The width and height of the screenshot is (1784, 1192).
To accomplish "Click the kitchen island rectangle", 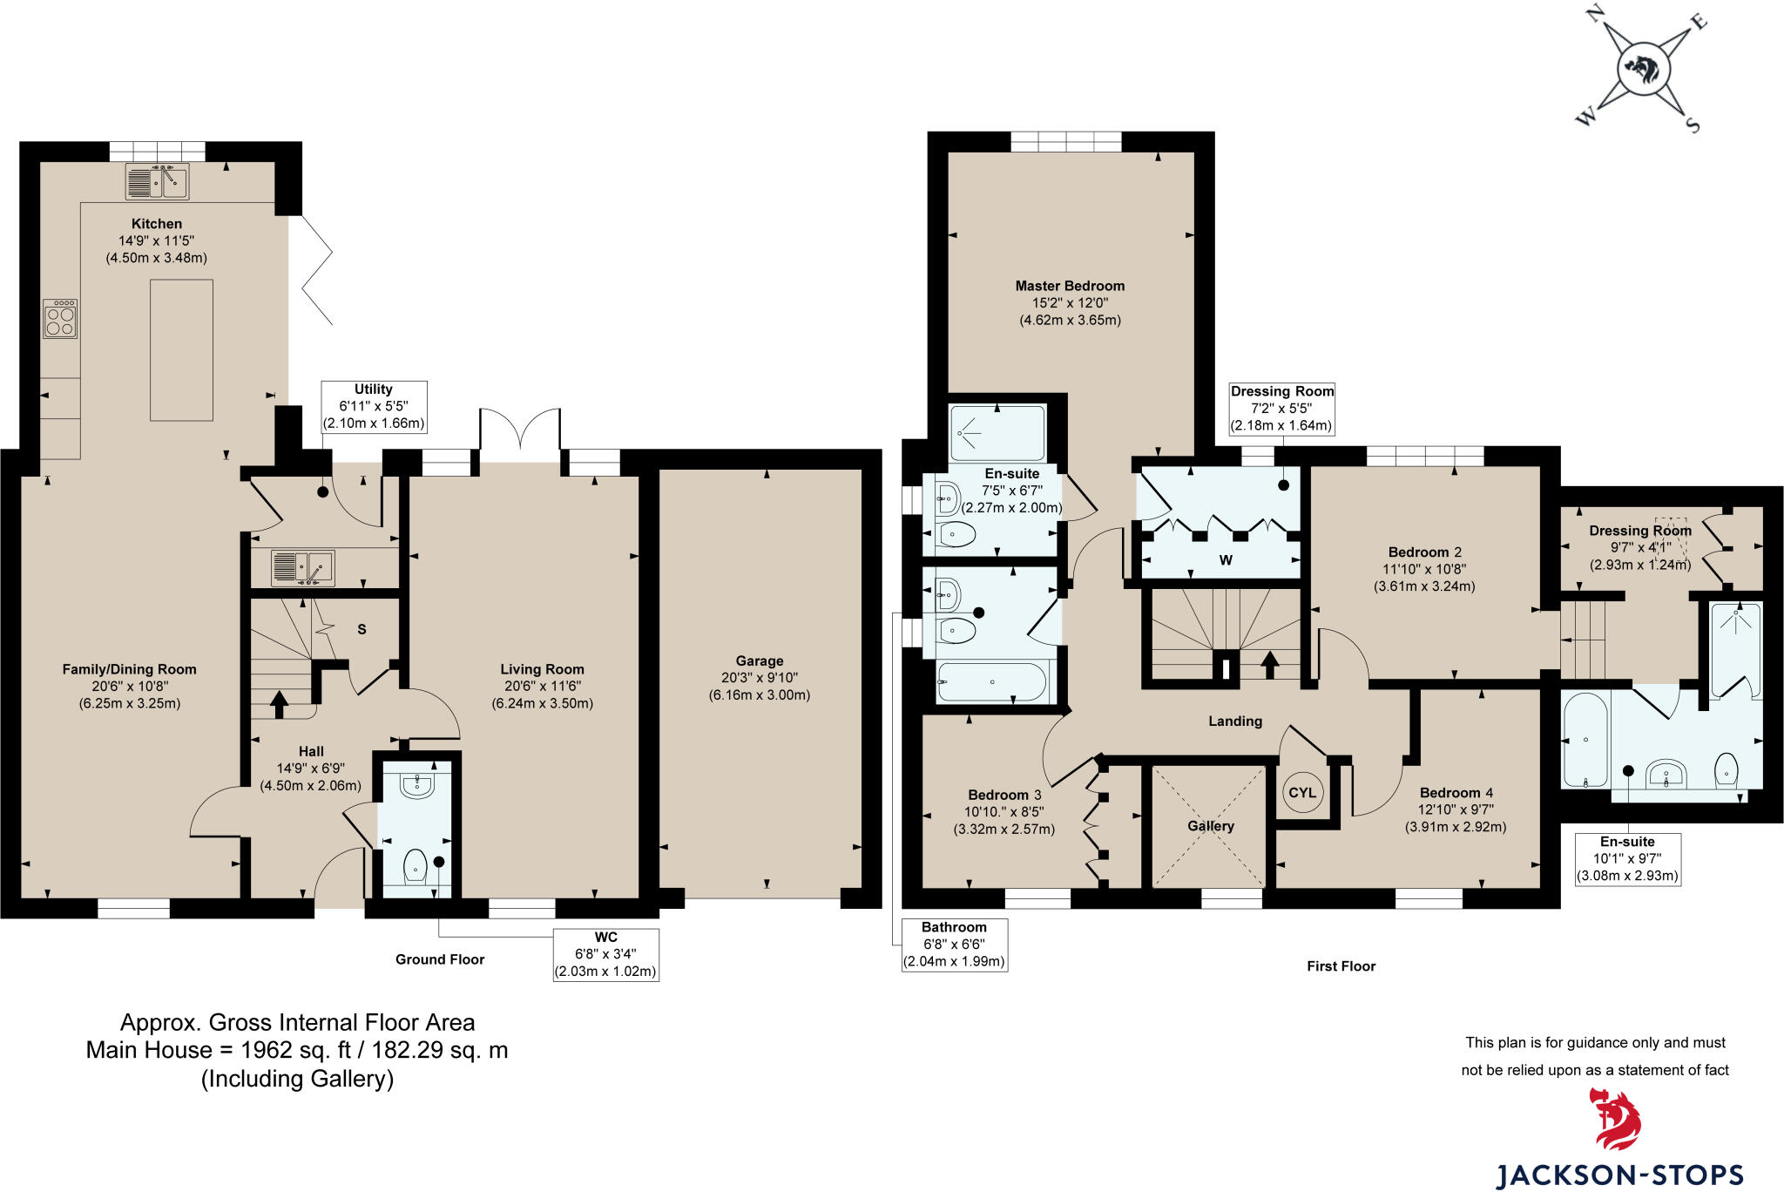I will [181, 350].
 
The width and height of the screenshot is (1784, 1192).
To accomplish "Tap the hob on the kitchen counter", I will [60, 319].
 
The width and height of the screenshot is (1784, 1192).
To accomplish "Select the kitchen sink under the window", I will [158, 182].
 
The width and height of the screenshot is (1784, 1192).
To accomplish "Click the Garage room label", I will [759, 660].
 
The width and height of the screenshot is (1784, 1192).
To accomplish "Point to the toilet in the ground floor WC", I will [415, 866].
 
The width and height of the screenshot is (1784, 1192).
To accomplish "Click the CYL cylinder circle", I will [1301, 793].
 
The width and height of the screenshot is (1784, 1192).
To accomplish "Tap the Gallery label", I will [1210, 826].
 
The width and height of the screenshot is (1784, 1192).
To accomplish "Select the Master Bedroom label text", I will [1069, 286].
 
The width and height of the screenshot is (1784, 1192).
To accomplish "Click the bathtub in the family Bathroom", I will [990, 682].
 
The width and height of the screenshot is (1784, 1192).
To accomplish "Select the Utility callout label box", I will [374, 407].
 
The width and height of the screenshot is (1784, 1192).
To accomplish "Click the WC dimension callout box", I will [605, 954].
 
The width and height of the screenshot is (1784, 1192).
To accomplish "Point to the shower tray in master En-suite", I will [997, 432].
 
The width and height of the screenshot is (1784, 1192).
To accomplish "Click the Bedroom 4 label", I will [1456, 793].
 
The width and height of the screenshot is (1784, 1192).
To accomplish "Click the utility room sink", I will [302, 567].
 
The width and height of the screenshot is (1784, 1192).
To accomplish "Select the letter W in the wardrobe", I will [1225, 560].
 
